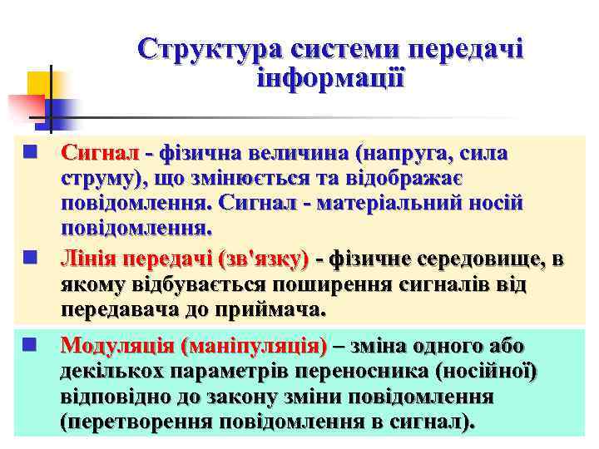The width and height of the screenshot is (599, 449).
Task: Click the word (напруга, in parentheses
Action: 402,154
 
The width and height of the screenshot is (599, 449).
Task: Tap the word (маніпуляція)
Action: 260,345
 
